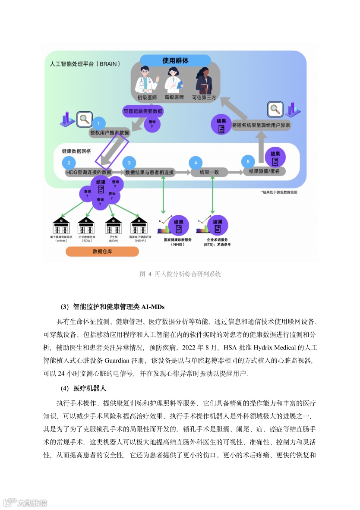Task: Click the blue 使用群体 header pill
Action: pyautogui.click(x=175, y=61)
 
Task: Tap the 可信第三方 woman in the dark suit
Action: pyautogui.click(x=203, y=81)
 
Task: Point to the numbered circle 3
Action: pyautogui.click(x=129, y=163)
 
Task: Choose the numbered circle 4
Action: pyautogui.click(x=196, y=163)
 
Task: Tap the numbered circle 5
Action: pyautogui.click(x=248, y=162)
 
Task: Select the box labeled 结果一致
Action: pyautogui.click(x=209, y=172)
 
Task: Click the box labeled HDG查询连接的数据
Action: pyautogui.click(x=88, y=172)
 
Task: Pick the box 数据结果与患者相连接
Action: pyautogui.click(x=149, y=172)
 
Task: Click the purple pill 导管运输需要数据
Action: pyautogui.click(x=143, y=111)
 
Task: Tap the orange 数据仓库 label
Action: pyautogui.click(x=102, y=252)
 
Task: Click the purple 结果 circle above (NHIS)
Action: pyautogui.click(x=178, y=226)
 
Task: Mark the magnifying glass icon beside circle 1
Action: pyautogui.click(x=83, y=119)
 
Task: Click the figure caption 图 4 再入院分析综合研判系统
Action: pyautogui.click(x=180, y=274)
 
